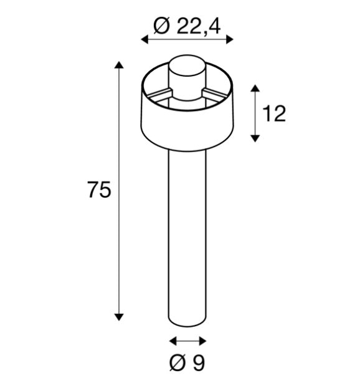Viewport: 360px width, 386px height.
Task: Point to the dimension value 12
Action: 273,114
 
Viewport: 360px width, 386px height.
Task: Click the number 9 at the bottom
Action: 198,363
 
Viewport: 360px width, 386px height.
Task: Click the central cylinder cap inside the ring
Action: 187,75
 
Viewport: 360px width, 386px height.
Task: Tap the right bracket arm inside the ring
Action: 215,94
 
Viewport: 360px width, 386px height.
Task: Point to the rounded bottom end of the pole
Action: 187,322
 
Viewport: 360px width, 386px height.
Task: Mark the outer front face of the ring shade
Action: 187,122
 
